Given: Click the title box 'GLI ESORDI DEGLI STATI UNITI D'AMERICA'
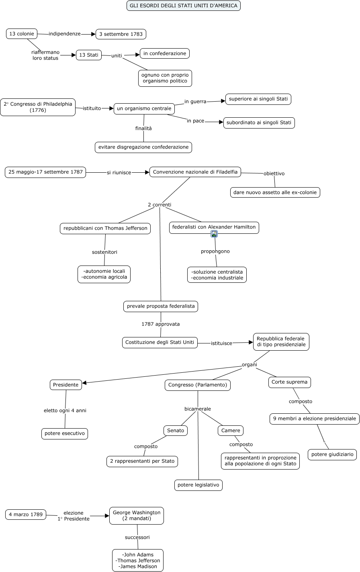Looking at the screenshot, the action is coord(184,6).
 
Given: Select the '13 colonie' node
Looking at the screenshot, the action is coord(22,34).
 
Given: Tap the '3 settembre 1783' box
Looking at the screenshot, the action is coord(121,34).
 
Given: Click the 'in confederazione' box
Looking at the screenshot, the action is coord(165,53).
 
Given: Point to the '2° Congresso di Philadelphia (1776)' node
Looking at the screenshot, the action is coord(38,107).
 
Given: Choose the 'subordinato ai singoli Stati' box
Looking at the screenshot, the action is coord(259,123).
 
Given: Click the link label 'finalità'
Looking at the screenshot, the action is coord(143,128).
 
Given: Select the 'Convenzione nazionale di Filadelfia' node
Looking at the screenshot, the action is coord(195,172).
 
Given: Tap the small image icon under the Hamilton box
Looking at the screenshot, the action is coord(214,234).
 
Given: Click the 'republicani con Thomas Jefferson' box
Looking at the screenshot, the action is coord(105,228).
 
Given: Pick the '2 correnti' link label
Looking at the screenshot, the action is coord(160,204).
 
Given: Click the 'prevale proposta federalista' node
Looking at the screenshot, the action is coord(161,306).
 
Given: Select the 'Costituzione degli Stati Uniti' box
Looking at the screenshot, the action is coord(160,342).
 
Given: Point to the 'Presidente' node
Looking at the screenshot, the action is coord(65,385).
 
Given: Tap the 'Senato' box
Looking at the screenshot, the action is coord(176,431).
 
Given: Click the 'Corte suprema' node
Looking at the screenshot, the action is coord(289,382).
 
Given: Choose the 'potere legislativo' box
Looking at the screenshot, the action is coord(198,485).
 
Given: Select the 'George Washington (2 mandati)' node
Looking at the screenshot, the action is coord(137,516).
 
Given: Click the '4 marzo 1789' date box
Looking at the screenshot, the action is coord(26,514).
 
